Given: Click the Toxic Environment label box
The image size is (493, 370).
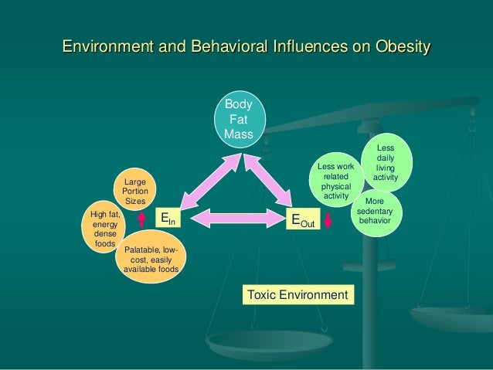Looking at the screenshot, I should (297, 294).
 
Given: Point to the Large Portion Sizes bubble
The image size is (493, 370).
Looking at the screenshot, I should (134, 191).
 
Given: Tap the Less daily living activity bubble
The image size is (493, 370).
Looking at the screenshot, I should (385, 163).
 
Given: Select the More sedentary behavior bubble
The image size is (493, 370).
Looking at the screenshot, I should (374, 212).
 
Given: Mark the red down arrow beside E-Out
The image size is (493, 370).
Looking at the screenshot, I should (328, 220).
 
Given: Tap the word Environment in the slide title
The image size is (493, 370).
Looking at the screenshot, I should (109, 47).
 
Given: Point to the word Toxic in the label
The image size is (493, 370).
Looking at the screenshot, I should (262, 294).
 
